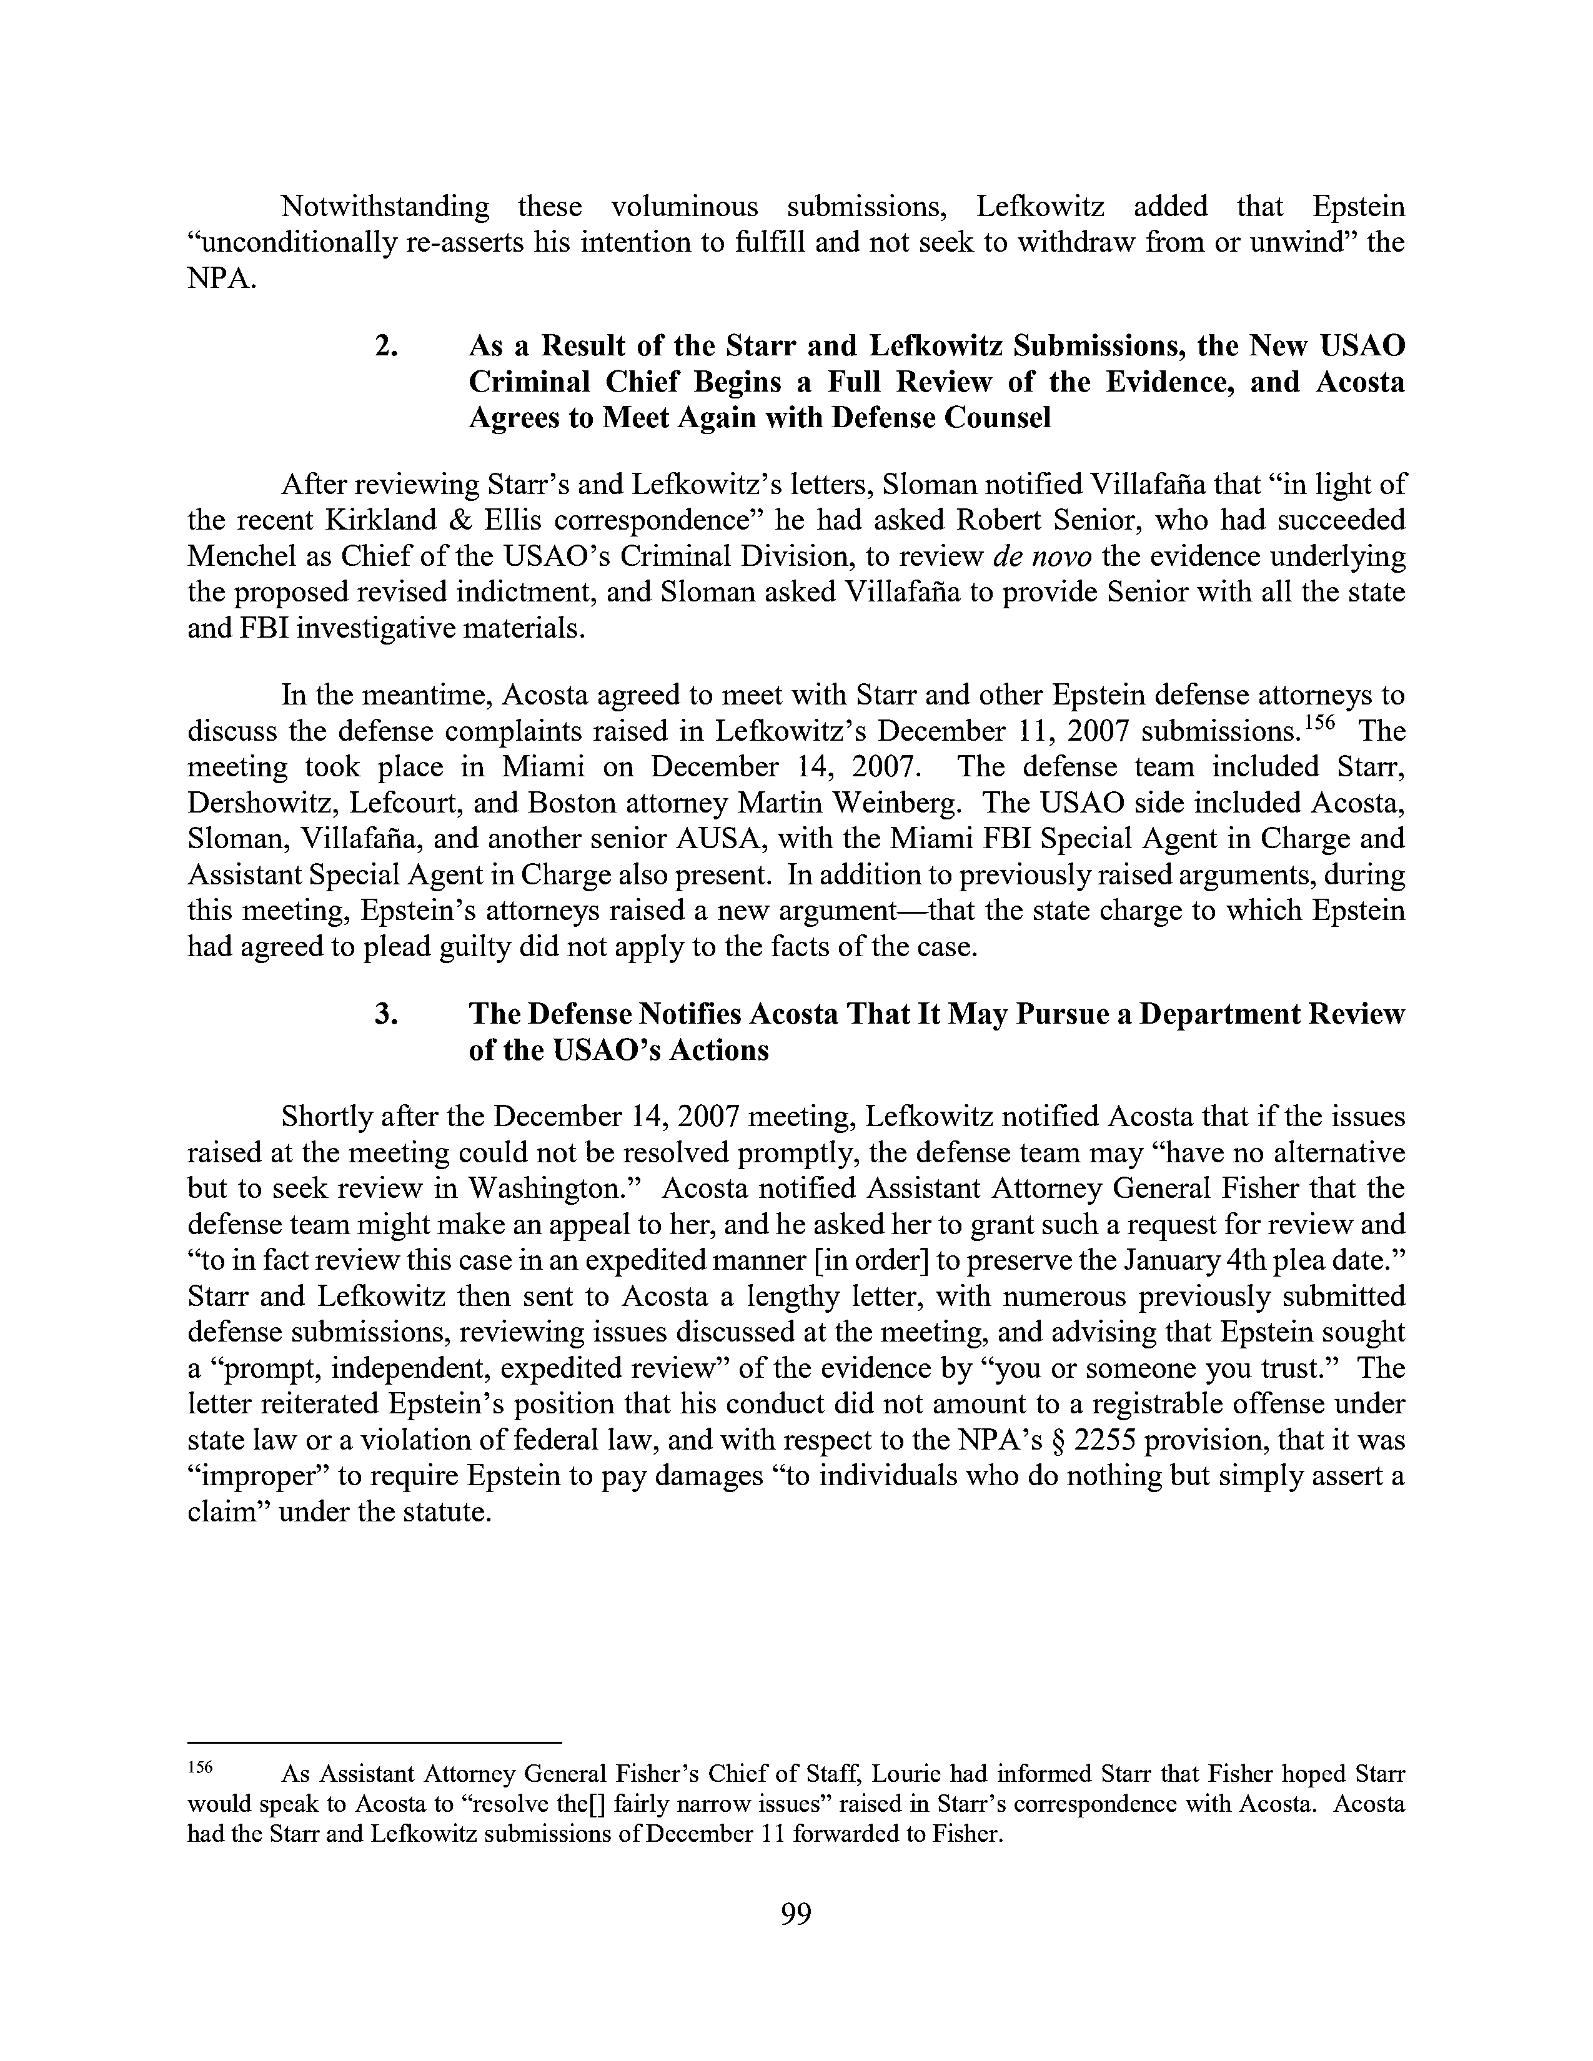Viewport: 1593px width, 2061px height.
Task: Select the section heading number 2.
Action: click(x=385, y=347)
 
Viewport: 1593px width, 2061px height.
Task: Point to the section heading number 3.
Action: click(x=385, y=1014)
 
